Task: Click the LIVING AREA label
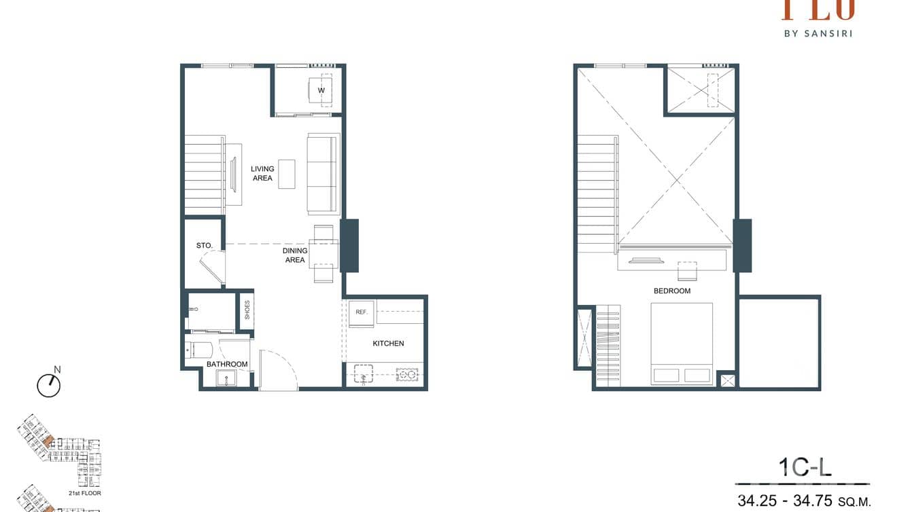tap(262, 173)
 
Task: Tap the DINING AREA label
tap(295, 255)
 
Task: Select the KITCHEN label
tap(388, 344)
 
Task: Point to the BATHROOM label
tap(227, 365)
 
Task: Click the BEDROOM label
tap(671, 291)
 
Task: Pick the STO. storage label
tap(205, 245)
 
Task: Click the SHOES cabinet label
tap(247, 310)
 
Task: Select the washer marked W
tap(321, 90)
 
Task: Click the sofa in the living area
tap(323, 173)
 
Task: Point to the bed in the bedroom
tap(682, 343)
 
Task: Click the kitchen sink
tap(364, 373)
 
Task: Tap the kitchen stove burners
tap(406, 374)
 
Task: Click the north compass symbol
tap(49, 384)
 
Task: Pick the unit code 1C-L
tap(805, 467)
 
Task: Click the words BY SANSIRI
tap(818, 33)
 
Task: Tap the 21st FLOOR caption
tap(85, 493)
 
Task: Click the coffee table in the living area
tap(287, 174)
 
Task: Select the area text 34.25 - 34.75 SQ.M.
tap(804, 501)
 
